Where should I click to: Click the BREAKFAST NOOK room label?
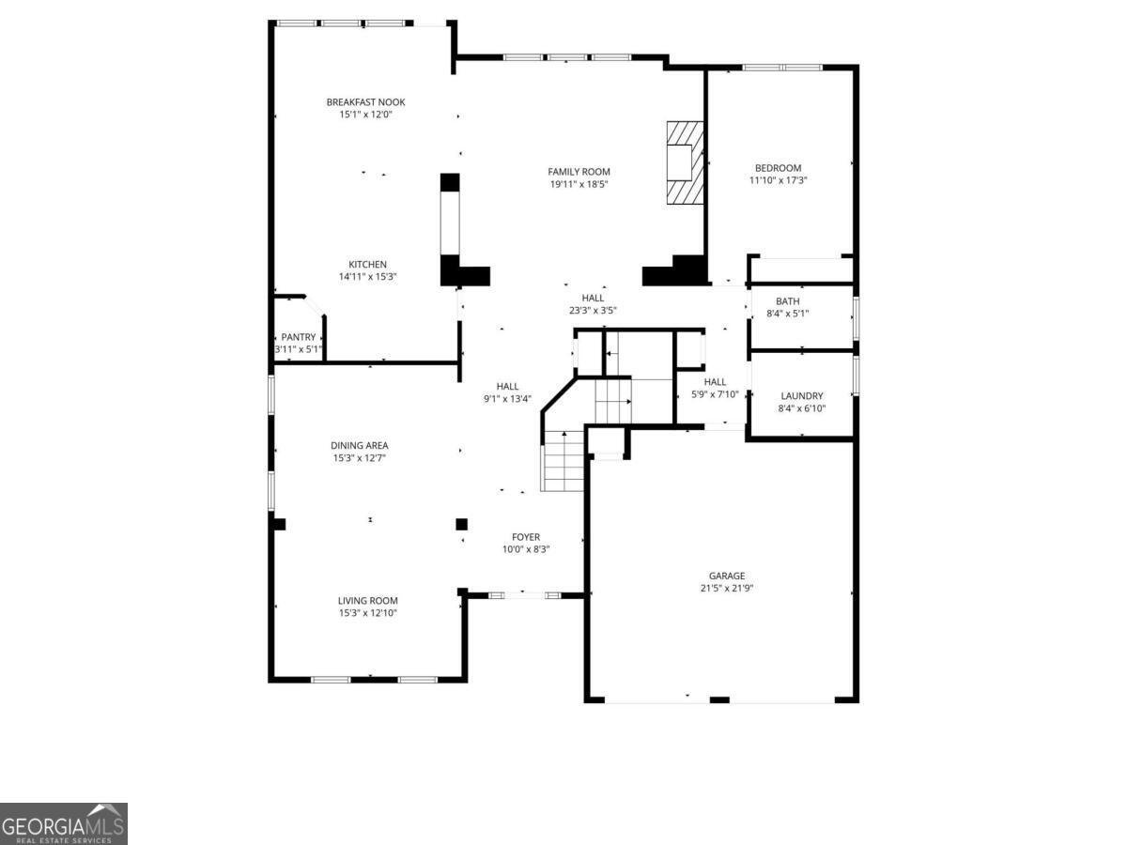coord(365,102)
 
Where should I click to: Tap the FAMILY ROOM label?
coord(579,172)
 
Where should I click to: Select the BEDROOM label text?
coord(778,168)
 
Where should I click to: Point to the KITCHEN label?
coord(367,264)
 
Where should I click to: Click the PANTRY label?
coord(299,337)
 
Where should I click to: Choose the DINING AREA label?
coord(360,445)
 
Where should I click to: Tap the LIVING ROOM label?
coord(367,600)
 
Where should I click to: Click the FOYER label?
coord(526,537)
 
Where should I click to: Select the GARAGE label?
coord(727,576)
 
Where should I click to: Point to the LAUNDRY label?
coord(801,396)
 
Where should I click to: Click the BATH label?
coord(788,301)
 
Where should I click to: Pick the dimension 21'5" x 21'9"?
coord(727,589)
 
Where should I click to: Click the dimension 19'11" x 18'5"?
coord(579,184)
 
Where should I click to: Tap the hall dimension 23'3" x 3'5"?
coord(593,311)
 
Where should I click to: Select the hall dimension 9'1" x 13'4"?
coord(507,399)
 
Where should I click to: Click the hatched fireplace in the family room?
coord(685,163)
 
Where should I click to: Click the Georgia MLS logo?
coord(64,824)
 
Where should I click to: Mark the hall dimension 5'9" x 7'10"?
coord(715,394)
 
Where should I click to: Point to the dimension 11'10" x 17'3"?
coord(778,180)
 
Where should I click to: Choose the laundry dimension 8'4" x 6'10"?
coord(801,409)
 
